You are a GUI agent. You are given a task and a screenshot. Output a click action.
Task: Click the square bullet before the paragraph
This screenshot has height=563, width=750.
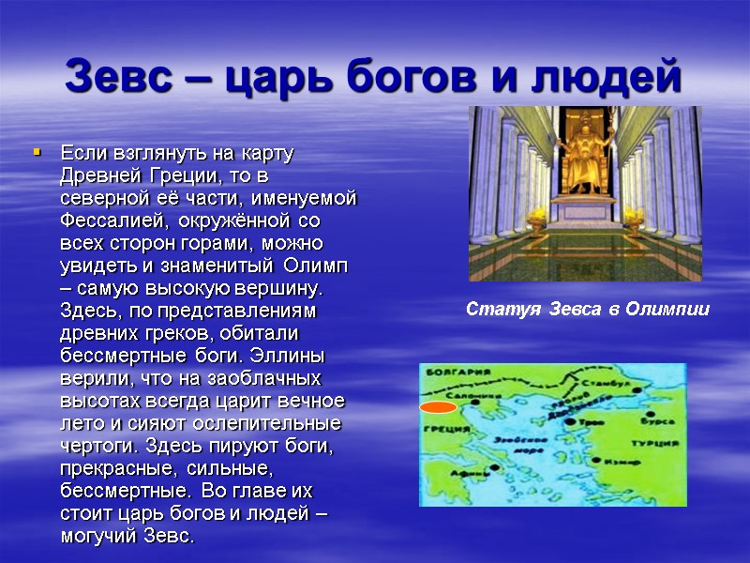coord(37,150)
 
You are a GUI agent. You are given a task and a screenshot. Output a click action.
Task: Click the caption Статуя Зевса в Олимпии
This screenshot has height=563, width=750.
coord(588,310)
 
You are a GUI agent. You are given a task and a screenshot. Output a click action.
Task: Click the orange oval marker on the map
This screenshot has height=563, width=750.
coord(437,407)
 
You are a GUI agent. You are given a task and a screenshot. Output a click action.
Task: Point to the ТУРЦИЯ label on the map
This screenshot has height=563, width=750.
coord(654,442)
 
